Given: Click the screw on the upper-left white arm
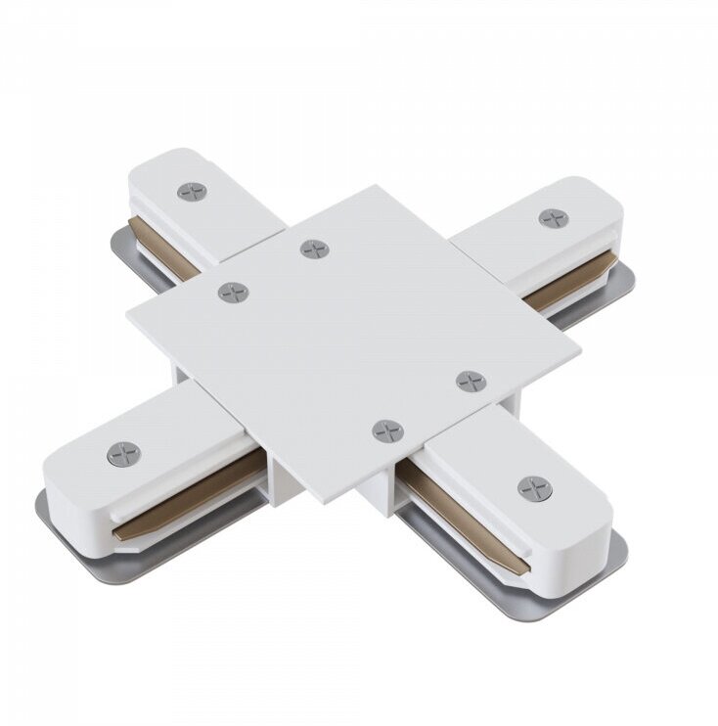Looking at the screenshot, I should (193, 192).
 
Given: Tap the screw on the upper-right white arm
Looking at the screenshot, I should (553, 218).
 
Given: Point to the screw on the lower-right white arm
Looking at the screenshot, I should (534, 487).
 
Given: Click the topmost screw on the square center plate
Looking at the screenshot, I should (315, 250).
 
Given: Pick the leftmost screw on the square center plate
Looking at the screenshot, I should (234, 292).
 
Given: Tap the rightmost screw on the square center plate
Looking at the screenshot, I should (471, 382).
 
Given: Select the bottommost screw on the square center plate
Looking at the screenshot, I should (388, 431).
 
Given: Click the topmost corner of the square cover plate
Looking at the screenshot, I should (375, 186).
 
